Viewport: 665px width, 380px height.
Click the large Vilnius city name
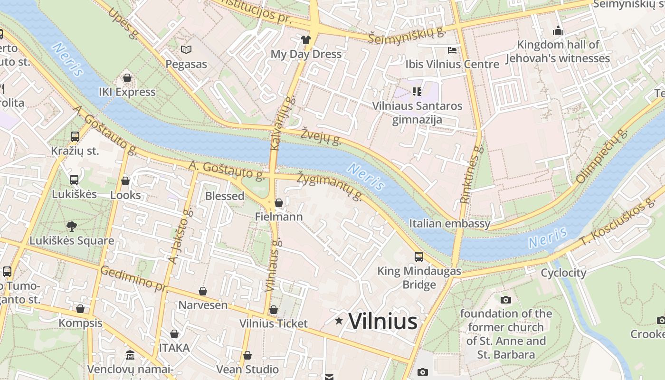pos(383,322)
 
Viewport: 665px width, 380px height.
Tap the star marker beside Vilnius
pos(339,321)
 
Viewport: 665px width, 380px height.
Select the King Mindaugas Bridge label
pos(419,277)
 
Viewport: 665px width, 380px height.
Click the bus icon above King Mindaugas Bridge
pos(418,257)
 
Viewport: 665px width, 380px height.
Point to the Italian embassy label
pos(449,223)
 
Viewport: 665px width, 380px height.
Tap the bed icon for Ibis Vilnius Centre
pos(452,50)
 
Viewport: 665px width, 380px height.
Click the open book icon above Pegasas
pos(186,50)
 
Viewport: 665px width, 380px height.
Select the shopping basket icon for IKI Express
pos(127,78)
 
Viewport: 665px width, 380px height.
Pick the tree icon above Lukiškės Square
pos(72,227)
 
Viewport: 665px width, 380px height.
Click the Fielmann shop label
pos(278,217)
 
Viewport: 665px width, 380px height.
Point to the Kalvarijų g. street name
pos(282,123)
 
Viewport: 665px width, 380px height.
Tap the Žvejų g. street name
pos(321,136)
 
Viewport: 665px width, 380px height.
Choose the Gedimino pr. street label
pos(133,278)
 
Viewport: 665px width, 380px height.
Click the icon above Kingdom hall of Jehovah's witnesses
pos(558,31)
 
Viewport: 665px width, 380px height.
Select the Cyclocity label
pos(563,273)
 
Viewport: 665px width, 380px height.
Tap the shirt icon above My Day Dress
pos(306,40)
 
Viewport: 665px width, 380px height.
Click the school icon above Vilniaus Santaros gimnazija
pos(417,91)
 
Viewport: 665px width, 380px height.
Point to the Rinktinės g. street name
pos(472,174)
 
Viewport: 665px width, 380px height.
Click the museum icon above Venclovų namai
pos(130,355)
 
